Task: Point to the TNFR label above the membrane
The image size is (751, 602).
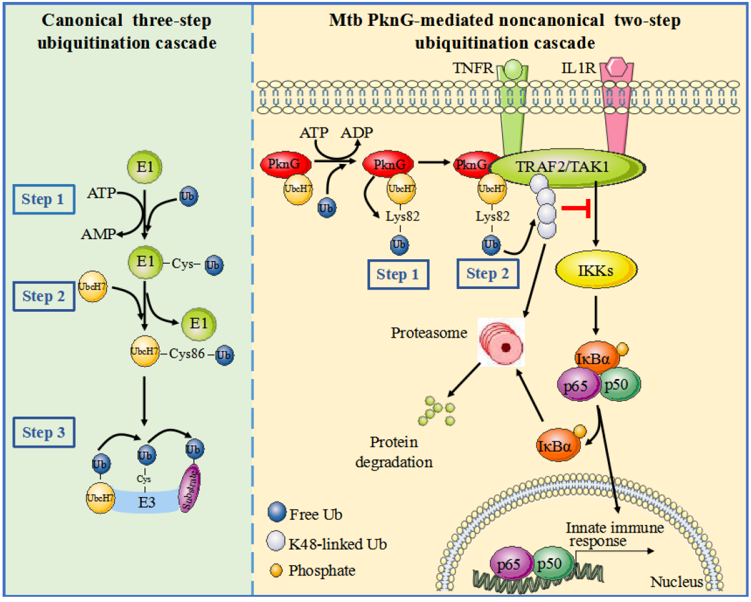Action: tap(481, 67)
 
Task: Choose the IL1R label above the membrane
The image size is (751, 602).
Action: tap(578, 67)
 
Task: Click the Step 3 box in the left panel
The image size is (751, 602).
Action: tap(43, 433)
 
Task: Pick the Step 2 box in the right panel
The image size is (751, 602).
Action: tap(487, 274)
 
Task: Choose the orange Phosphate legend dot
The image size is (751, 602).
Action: tap(276, 570)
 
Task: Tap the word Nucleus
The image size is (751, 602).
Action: tap(676, 581)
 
